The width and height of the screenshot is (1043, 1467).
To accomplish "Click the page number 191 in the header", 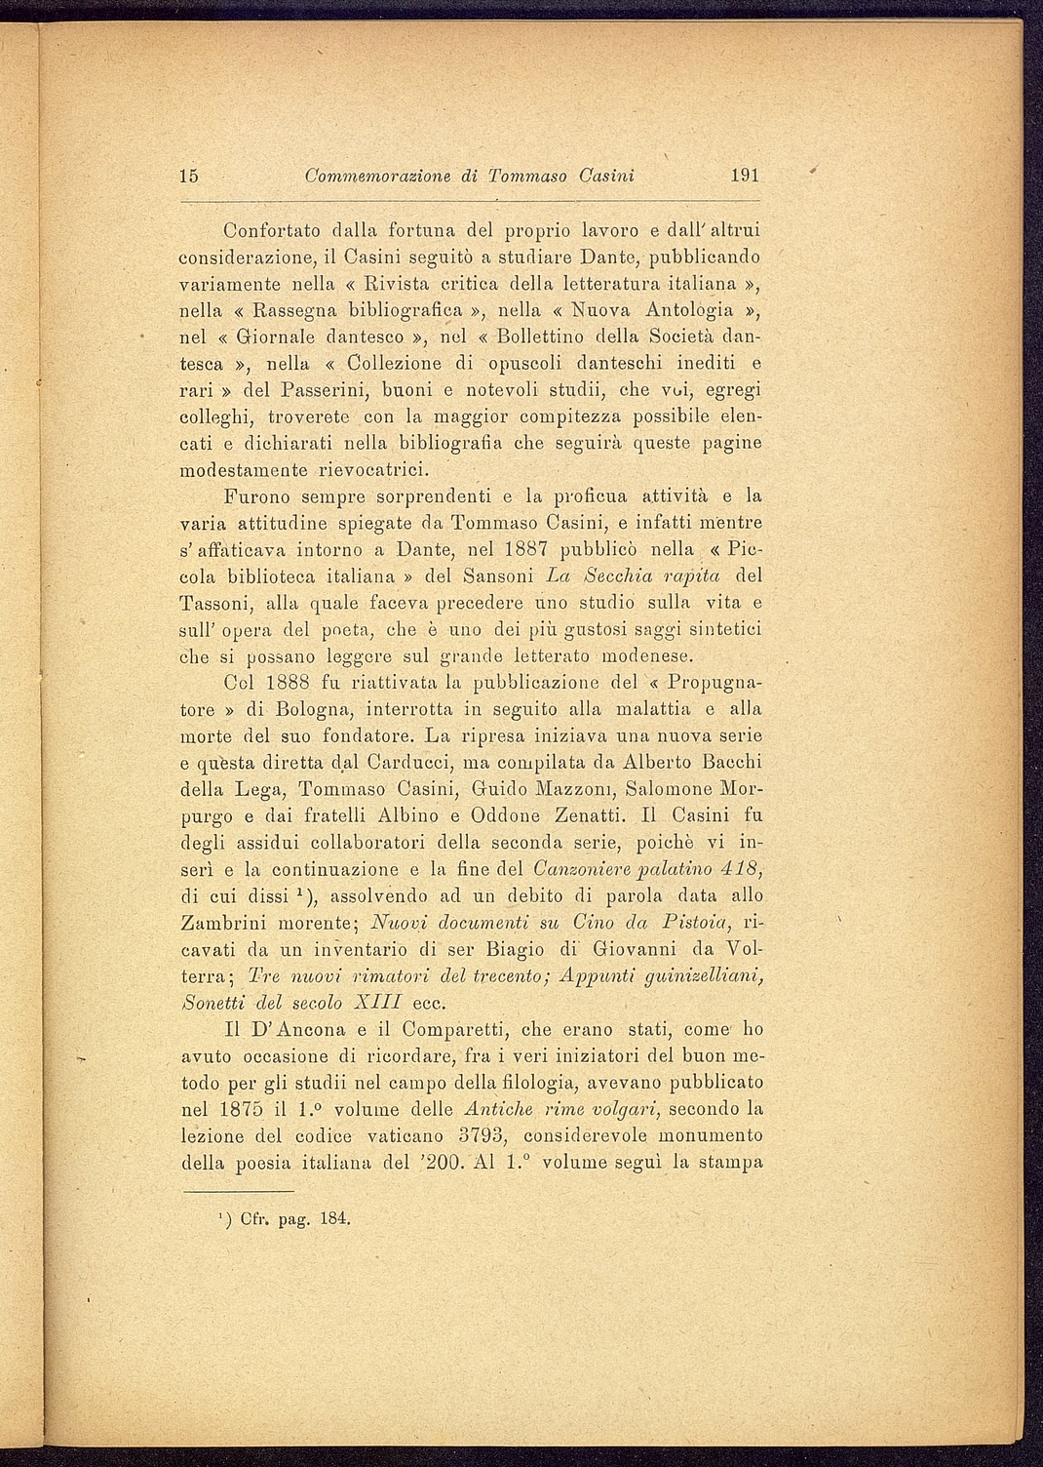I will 744,176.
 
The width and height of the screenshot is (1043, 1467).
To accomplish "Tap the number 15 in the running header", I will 189,176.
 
